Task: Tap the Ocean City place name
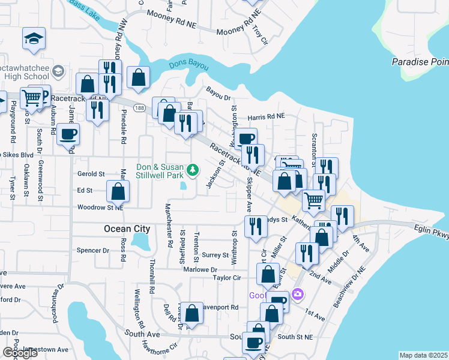pyautogui.click(x=127, y=229)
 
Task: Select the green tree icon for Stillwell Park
pyautogui.click(x=193, y=171)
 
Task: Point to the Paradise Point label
pyautogui.click(x=420, y=62)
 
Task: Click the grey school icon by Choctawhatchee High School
pyautogui.click(x=58, y=72)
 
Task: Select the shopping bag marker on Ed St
pyautogui.click(x=118, y=191)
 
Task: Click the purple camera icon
pyautogui.click(x=297, y=295)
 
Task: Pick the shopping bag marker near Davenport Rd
pyautogui.click(x=192, y=313)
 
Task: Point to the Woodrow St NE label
pyautogui.click(x=100, y=208)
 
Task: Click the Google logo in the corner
pyautogui.click(x=20, y=353)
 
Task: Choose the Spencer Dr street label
pyautogui.click(x=92, y=250)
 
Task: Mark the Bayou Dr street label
pyautogui.click(x=218, y=94)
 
